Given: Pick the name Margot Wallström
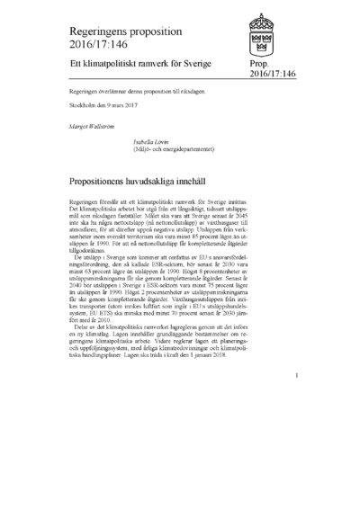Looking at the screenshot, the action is pyautogui.click(x=93, y=125).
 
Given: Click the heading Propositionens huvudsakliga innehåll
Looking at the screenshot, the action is pyautogui.click(x=152, y=181).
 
